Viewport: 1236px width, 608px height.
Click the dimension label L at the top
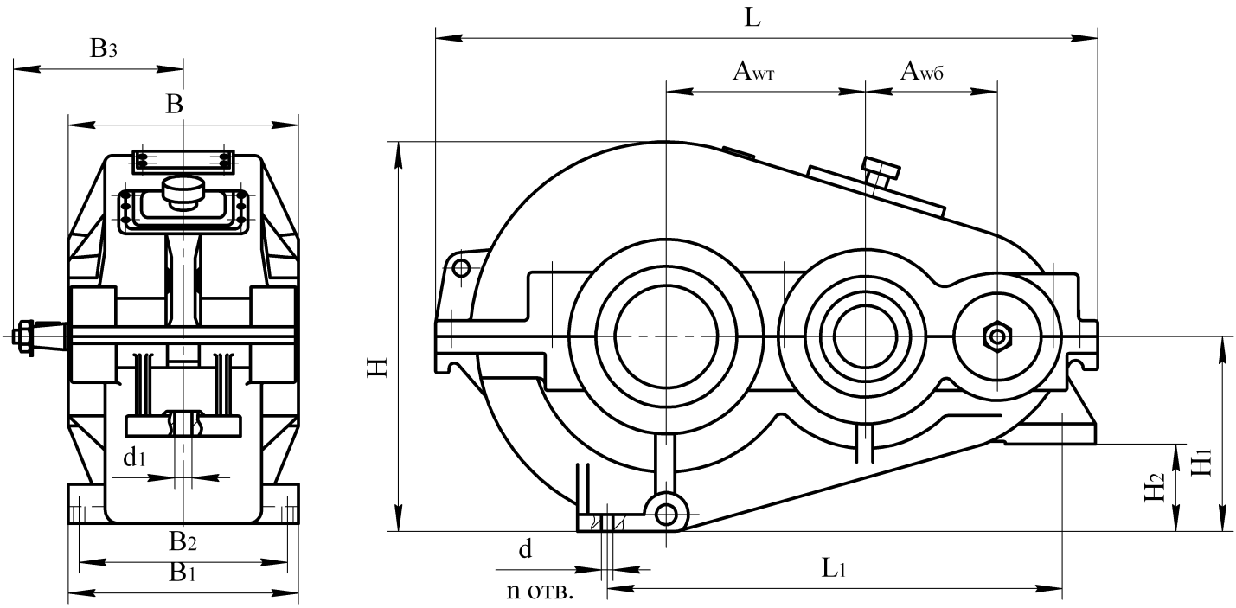tap(753, 19)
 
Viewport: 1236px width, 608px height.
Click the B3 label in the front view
tap(103, 49)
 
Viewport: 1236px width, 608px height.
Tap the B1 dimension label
tap(182, 573)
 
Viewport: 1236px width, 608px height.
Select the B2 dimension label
tap(183, 542)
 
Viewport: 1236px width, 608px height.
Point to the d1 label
tap(133, 458)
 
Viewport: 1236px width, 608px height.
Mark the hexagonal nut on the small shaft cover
tap(997, 335)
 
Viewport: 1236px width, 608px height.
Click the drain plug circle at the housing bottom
tap(666, 515)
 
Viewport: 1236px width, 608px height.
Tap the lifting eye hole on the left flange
tap(461, 268)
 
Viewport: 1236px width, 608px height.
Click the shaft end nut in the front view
tap(24, 335)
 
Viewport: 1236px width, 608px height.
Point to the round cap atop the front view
tap(183, 190)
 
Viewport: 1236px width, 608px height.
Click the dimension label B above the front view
tap(174, 106)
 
